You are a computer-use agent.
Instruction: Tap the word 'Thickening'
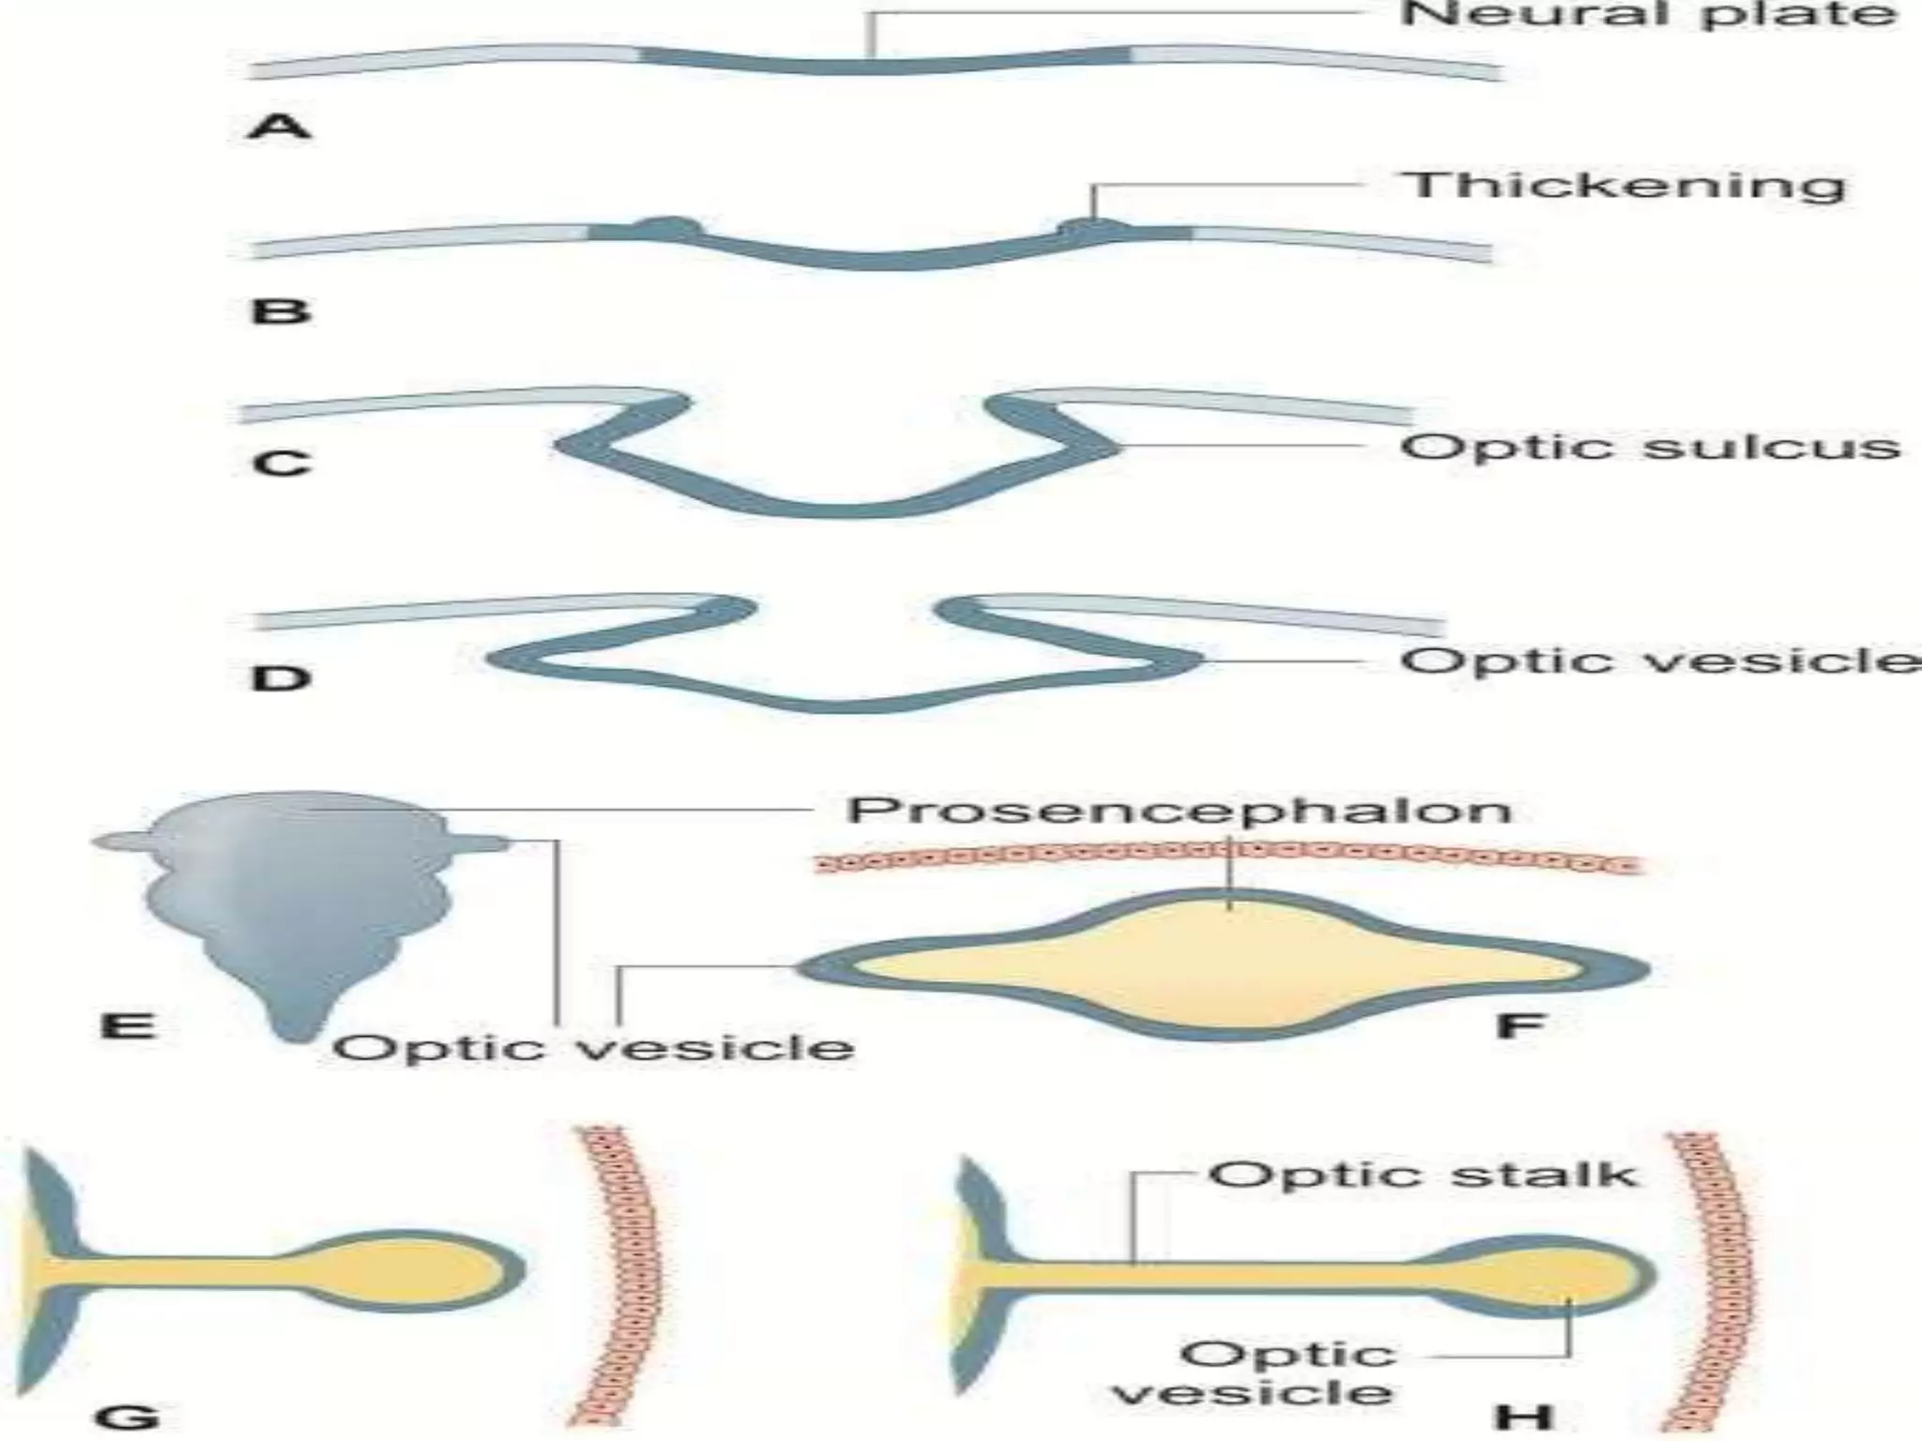(x=1623, y=186)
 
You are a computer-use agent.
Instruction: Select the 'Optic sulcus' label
(x=1649, y=447)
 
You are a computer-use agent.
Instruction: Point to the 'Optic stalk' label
(x=1421, y=1175)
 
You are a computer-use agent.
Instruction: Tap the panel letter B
(x=280, y=310)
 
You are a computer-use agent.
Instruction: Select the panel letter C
(x=281, y=463)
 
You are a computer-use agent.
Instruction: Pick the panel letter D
(x=281, y=677)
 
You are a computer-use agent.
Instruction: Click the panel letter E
(x=128, y=1024)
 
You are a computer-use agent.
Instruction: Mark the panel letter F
(x=1519, y=1024)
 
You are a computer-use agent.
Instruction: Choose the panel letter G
(x=128, y=1416)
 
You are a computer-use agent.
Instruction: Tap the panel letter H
(x=1524, y=1416)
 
